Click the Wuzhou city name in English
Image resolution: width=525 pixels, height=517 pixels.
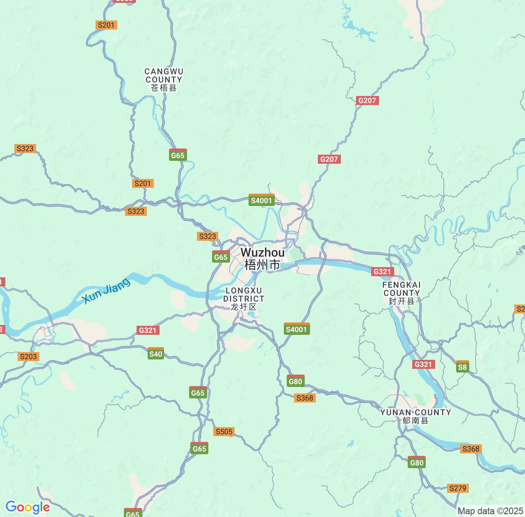point(262,252)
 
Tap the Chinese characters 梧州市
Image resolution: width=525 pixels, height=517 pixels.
point(262,265)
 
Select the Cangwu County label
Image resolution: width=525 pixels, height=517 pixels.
point(164,80)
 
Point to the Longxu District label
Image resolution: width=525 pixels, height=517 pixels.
point(244,298)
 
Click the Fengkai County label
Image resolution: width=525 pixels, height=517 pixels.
point(402,293)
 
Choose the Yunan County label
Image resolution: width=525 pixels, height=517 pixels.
point(415,416)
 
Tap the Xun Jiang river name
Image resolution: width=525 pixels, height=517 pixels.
point(106,291)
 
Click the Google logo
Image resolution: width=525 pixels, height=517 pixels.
point(27,507)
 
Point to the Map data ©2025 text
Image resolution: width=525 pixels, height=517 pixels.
point(490,511)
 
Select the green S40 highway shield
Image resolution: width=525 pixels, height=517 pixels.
point(156,354)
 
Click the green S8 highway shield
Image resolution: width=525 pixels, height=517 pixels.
point(462,367)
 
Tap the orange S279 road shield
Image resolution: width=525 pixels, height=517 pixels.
point(458,488)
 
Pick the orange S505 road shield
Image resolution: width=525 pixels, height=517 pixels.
point(224,431)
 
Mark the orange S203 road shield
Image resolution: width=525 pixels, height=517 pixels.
point(29,356)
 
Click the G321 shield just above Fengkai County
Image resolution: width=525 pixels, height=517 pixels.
point(383,271)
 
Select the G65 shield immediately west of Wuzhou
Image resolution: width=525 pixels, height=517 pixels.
point(221,257)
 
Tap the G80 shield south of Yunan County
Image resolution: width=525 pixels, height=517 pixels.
point(417,462)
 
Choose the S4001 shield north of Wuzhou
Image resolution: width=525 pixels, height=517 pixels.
point(262,200)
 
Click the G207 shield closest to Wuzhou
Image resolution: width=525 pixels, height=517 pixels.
point(329,159)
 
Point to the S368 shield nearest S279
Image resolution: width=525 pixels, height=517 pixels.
point(470,448)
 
